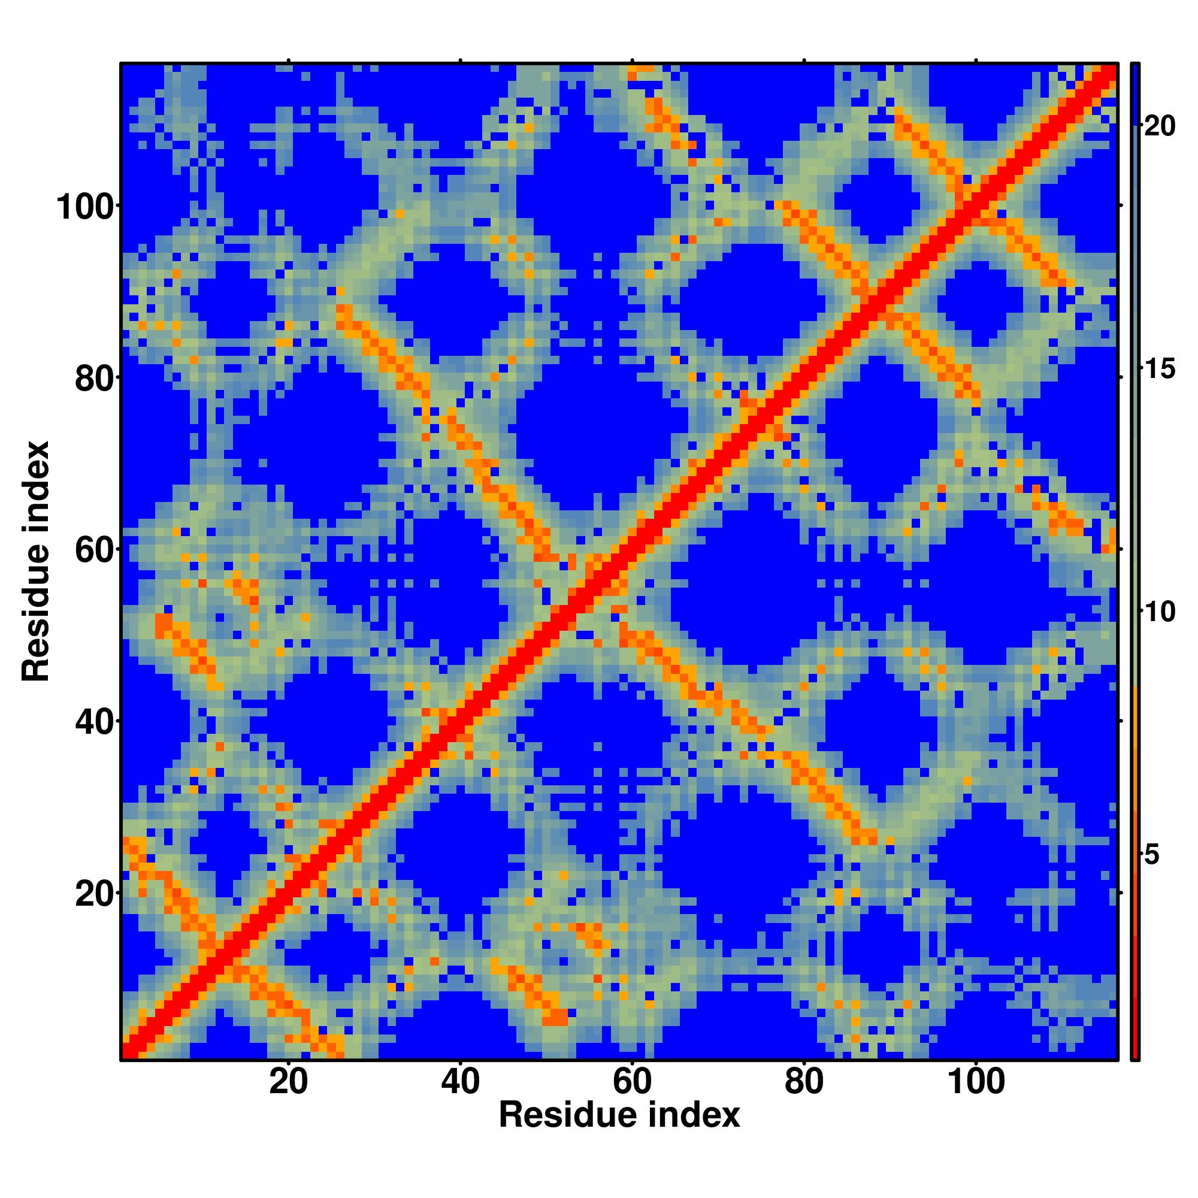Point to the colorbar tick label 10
pyautogui.click(x=1159, y=613)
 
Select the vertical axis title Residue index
pyautogui.click(x=36, y=561)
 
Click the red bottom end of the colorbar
pyautogui.click(x=1135, y=1054)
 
